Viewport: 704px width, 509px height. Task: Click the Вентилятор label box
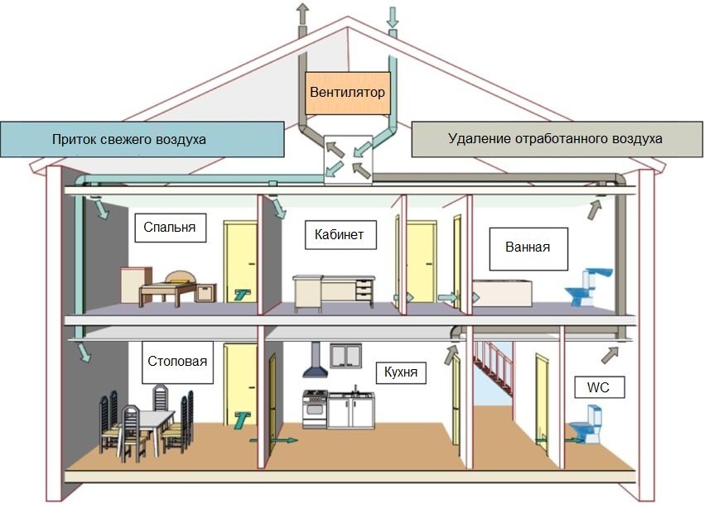(x=347, y=93)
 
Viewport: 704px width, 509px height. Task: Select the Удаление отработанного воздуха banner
(x=555, y=139)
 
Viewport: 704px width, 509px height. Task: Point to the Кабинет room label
(x=340, y=234)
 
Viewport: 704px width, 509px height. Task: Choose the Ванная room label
(x=528, y=247)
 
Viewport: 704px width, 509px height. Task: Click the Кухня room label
(x=401, y=372)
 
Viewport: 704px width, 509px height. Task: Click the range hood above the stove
(x=315, y=363)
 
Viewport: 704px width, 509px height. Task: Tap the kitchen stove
(x=315, y=409)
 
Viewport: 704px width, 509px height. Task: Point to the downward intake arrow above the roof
(x=393, y=15)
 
